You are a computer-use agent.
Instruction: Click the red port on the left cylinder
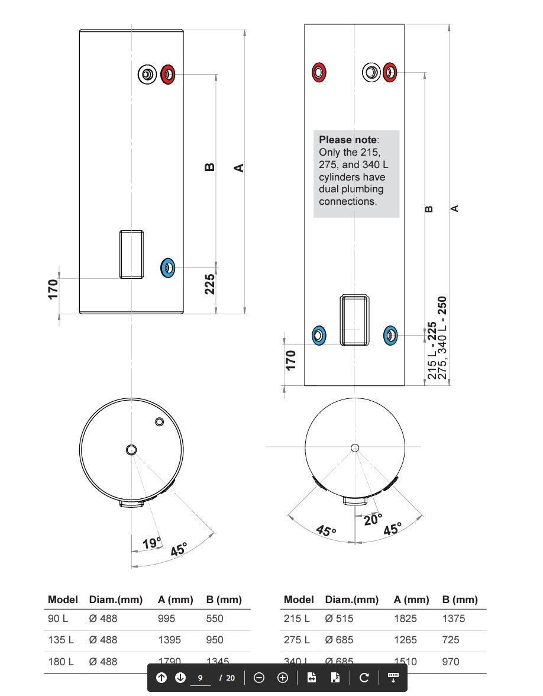coord(168,75)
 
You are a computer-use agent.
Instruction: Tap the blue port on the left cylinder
coord(168,268)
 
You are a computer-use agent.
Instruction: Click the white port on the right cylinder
coord(371,72)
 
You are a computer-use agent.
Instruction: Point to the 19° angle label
coord(151,543)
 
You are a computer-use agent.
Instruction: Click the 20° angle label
coord(373,520)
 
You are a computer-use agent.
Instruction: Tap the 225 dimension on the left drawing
coord(209,285)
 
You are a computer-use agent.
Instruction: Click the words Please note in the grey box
coord(347,140)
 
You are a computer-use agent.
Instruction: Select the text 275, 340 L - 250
coord(442,338)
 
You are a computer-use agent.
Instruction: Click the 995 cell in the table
coord(167,618)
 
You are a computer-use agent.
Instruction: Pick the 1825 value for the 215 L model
coord(405,618)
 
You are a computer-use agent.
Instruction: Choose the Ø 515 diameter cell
coord(339,618)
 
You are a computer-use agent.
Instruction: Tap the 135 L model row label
coord(61,640)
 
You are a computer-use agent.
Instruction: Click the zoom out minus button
coord(259,678)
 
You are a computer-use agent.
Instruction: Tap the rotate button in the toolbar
coord(364,678)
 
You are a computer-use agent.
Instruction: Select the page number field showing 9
coord(201,678)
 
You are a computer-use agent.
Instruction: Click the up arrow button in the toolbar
coord(161,678)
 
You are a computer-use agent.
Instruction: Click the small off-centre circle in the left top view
coord(159,421)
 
